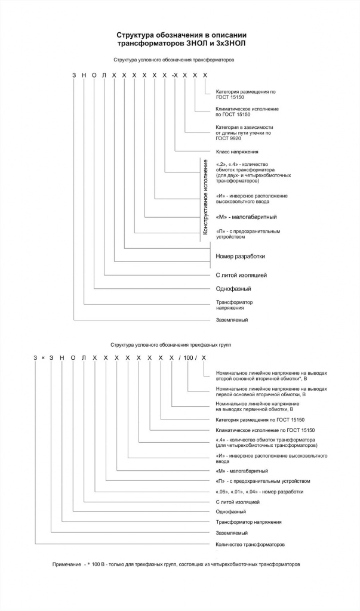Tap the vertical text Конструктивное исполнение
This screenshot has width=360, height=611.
[x=205, y=197]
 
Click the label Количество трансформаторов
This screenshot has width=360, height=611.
[x=250, y=545]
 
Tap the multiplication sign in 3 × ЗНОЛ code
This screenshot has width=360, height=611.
[x=44, y=357]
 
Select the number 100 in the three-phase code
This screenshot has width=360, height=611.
[x=189, y=357]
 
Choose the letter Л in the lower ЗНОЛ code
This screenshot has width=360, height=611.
[x=84, y=357]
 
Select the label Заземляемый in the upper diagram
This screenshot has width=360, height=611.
[x=232, y=320]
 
